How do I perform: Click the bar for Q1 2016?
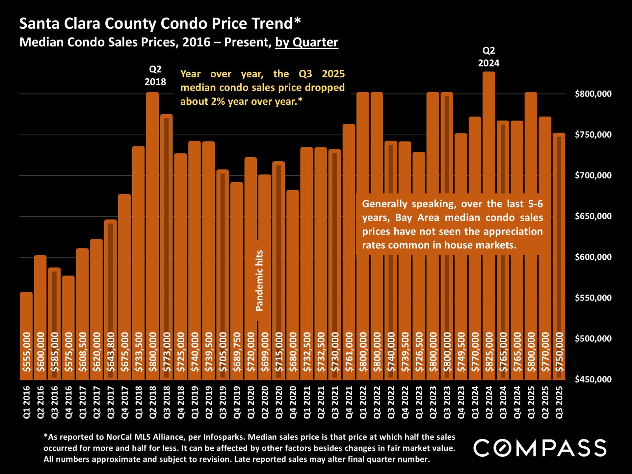point(26,313)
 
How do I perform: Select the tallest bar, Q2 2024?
point(489,197)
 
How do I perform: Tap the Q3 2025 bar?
point(559,230)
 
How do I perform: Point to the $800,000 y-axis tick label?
point(593,94)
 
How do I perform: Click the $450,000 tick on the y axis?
point(593,380)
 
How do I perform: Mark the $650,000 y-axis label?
point(593,216)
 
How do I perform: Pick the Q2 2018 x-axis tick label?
point(153,402)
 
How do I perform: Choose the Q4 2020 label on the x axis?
point(293,402)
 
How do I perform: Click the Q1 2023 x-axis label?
point(419,402)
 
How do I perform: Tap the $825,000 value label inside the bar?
point(489,352)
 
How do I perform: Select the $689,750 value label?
point(237,352)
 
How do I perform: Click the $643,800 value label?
point(111,352)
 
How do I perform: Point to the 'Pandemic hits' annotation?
point(259,280)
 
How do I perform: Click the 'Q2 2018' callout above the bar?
point(155,75)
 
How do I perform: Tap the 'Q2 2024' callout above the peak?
point(489,57)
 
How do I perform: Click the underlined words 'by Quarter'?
point(306,42)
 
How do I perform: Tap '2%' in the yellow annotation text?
point(218,101)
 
